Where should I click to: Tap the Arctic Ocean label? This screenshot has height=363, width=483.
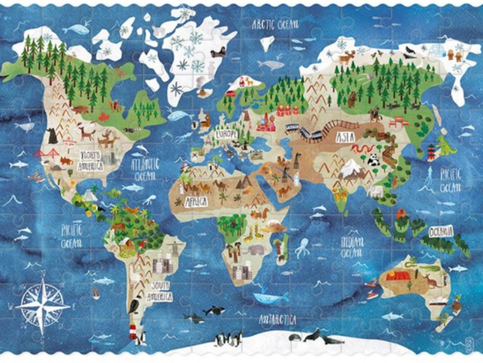coord(275,25)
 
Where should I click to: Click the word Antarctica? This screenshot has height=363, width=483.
coord(278,320)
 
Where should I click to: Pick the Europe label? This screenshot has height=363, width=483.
coord(226,134)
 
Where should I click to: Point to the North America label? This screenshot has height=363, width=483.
coord(91,160)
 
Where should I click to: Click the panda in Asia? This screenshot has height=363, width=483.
coord(374,160)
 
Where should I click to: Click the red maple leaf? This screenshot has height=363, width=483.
coord(104,116)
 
